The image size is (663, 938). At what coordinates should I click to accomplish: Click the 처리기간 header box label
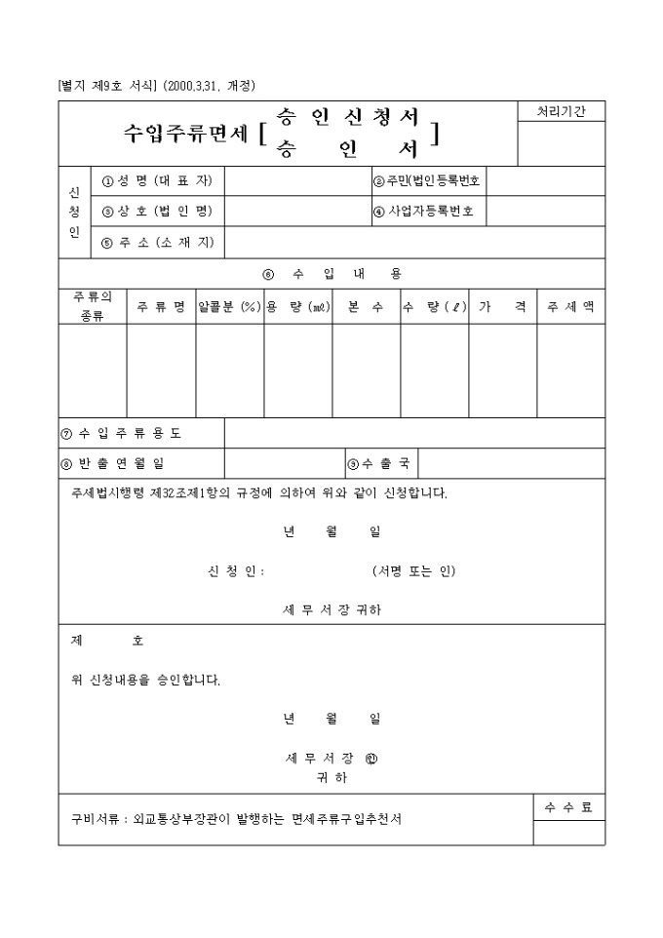click(561, 112)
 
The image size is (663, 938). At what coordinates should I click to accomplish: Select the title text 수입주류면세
click(185, 134)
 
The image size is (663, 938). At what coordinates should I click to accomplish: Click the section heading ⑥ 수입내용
click(331, 273)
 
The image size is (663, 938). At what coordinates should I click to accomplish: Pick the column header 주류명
click(161, 306)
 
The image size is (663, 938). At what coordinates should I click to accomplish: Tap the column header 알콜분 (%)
click(229, 306)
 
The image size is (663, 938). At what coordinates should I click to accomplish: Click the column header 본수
click(366, 306)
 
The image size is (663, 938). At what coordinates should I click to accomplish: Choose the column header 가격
click(502, 306)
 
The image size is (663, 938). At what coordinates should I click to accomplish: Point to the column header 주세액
click(570, 306)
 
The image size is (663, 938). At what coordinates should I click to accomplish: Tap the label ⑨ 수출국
click(379, 463)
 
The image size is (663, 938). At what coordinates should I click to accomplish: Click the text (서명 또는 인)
click(413, 570)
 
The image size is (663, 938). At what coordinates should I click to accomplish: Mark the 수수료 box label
click(568, 807)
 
